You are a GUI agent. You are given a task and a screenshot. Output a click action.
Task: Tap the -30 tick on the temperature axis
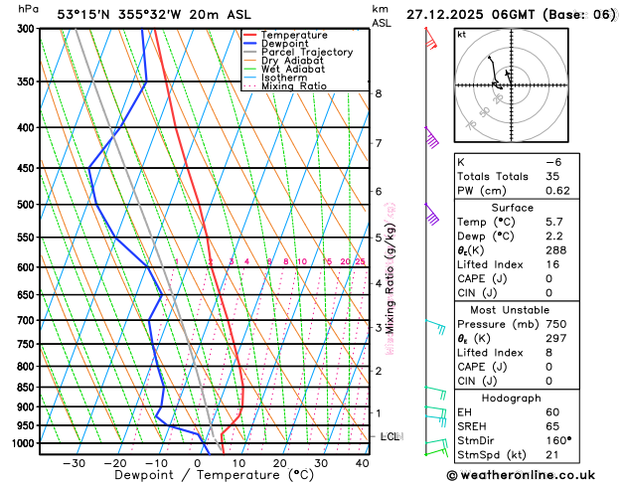[75, 463]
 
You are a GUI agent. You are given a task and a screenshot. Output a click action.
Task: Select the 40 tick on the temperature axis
[362, 463]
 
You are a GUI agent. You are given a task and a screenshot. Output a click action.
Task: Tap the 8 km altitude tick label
[379, 93]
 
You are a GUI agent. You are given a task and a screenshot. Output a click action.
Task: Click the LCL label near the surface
[391, 436]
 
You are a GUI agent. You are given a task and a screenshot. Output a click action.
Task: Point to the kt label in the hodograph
[462, 35]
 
